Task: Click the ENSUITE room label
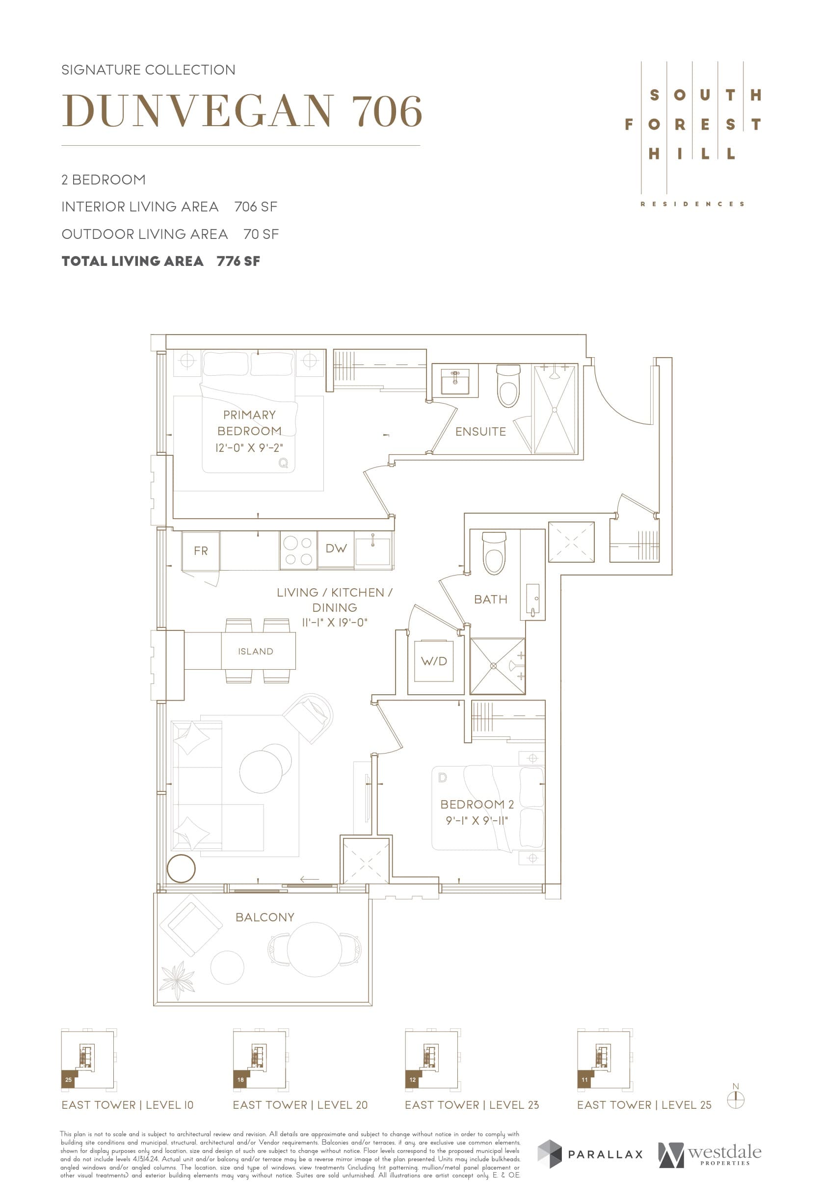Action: tap(480, 431)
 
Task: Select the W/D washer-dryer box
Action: tap(433, 661)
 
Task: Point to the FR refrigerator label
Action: tap(201, 551)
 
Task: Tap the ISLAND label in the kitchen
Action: tap(255, 651)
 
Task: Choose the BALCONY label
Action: tap(265, 917)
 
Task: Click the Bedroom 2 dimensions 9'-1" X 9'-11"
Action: tap(477, 820)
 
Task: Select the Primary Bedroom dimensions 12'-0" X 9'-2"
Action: tap(249, 448)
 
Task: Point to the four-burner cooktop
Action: tap(298, 551)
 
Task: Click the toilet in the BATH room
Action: tap(494, 553)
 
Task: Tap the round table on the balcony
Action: tap(314, 950)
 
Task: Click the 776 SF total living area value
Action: tap(238, 261)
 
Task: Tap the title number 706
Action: tap(387, 111)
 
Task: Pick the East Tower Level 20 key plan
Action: tap(259, 1060)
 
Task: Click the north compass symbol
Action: tap(735, 1099)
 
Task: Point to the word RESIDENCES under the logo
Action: tap(692, 204)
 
